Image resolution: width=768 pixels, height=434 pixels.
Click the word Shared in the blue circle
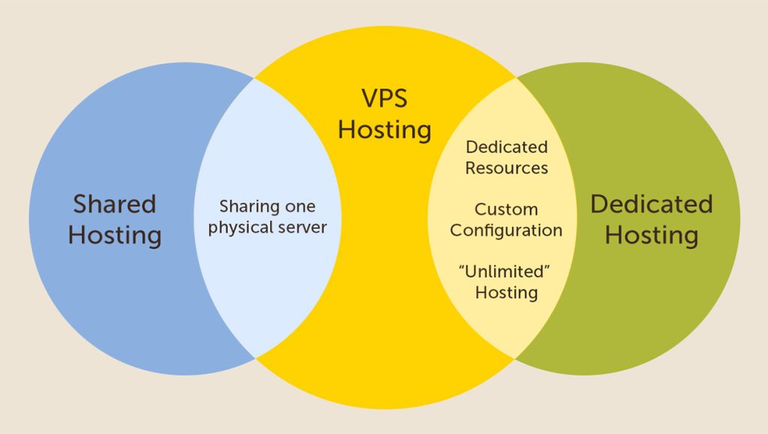coord(115,203)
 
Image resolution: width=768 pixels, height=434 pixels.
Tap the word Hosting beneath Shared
coord(115,235)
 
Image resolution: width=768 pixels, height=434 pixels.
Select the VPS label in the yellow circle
coord(385,98)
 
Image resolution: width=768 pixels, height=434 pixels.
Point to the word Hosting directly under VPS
coord(385,129)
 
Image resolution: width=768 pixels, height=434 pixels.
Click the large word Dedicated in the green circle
coord(651,203)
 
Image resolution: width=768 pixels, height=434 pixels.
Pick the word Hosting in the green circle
coord(651,235)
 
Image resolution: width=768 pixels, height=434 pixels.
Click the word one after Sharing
coord(298,206)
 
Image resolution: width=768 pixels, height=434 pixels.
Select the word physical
coord(239,226)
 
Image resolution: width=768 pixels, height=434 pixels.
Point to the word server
coord(302,226)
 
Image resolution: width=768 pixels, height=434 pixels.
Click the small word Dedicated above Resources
coord(507,147)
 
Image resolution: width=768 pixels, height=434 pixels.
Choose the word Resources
coord(507,167)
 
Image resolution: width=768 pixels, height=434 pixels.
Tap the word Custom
coord(506,209)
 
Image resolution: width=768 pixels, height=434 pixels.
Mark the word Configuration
coord(506,230)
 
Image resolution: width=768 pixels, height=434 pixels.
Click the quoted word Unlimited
coord(506,271)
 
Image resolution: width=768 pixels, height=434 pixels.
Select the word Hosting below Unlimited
coord(506,291)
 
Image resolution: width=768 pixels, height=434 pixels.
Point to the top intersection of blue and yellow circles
coord(254,77)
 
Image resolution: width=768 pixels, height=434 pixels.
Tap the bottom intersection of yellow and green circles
coord(515,357)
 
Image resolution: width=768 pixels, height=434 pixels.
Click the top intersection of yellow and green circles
coord(515,77)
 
